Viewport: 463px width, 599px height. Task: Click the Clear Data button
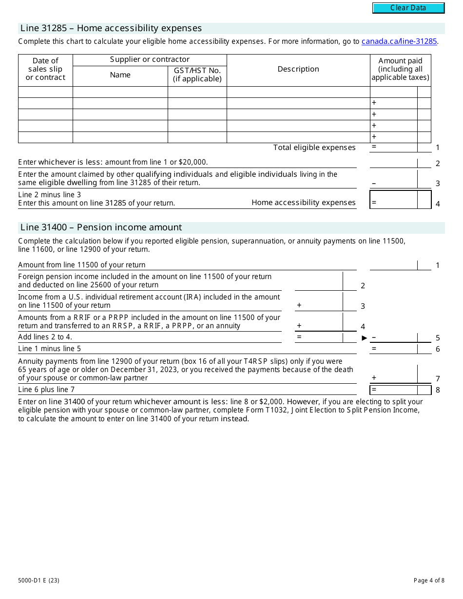click(408, 8)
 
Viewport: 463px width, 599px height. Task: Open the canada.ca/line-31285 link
click(399, 41)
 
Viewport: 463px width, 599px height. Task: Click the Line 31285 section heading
click(111, 28)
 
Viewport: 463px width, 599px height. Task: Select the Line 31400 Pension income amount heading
click(101, 227)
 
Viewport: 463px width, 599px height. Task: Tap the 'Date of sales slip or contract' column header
click(45, 69)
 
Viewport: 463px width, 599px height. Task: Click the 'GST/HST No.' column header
click(197, 75)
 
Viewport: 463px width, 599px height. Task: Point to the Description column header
click(298, 69)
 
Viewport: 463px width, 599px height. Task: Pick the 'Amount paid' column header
click(400, 69)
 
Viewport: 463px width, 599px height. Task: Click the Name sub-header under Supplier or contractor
click(120, 75)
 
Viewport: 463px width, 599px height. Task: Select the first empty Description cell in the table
click(298, 92)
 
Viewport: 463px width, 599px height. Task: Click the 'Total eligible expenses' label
click(314, 148)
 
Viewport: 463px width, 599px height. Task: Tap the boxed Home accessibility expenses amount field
click(394, 200)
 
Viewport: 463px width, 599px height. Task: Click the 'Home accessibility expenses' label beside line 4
click(304, 203)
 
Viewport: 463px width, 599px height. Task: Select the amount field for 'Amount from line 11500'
click(394, 265)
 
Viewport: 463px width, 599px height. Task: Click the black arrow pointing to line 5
click(364, 338)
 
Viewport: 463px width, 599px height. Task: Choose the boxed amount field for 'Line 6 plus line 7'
click(394, 390)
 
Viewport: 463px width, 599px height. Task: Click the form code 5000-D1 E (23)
click(39, 580)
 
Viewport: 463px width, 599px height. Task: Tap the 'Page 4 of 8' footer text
click(429, 580)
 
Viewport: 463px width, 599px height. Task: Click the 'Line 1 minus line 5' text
click(50, 349)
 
